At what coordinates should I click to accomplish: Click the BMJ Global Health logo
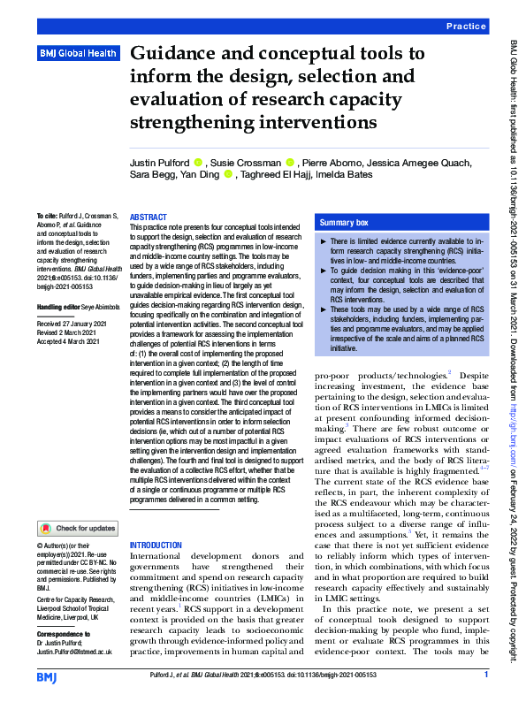78,54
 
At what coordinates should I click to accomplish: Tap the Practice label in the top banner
466,27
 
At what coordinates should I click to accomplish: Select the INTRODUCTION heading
157,545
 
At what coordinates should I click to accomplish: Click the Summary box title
343,223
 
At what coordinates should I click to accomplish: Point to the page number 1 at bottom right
486,675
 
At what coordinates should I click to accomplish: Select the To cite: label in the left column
44,217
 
